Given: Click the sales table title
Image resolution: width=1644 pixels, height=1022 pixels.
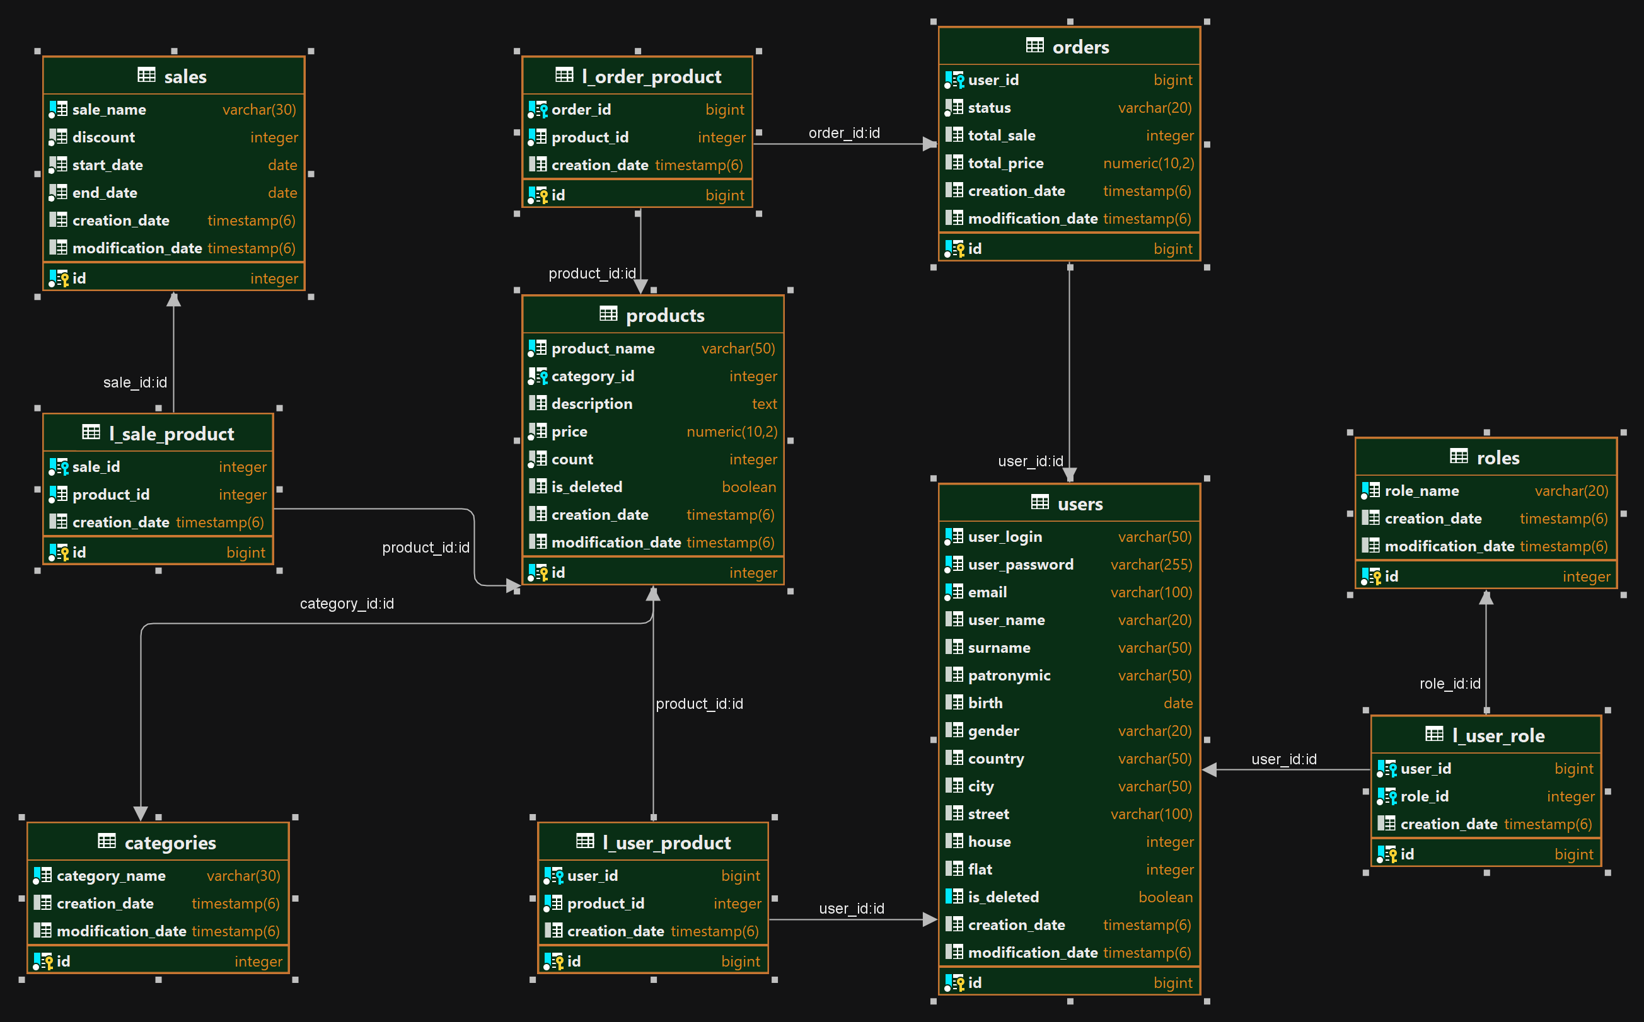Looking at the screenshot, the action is tap(185, 76).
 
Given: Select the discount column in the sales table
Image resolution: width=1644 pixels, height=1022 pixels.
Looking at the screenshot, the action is tap(103, 137).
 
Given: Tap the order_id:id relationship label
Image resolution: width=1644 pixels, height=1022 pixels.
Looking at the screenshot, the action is tap(844, 132).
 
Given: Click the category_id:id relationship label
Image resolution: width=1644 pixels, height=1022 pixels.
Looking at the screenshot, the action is tap(346, 603).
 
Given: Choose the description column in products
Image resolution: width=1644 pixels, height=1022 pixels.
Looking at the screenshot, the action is tap(592, 403).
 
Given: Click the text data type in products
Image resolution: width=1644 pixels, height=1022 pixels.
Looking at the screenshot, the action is tap(764, 403).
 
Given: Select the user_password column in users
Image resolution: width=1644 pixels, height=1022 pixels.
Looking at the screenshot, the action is tap(1021, 565).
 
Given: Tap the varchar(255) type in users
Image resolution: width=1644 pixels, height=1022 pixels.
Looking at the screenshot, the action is tap(1151, 565).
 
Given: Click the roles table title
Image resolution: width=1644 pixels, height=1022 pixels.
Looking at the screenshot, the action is tap(1498, 457).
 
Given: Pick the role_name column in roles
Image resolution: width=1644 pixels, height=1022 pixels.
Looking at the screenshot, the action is tap(1421, 491).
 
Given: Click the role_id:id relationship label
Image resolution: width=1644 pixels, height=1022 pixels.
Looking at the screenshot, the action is tap(1450, 684).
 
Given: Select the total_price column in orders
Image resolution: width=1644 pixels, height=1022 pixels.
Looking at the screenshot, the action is tap(1005, 163).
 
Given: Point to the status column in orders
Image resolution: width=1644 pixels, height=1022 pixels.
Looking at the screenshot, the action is tap(990, 108).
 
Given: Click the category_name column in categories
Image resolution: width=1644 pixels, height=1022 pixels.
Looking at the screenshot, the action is tap(111, 875).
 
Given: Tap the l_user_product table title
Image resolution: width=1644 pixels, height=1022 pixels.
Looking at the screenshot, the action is tap(666, 842).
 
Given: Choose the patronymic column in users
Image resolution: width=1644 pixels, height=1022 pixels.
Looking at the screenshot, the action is tap(1009, 675).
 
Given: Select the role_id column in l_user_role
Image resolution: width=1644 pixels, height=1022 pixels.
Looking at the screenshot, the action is tap(1424, 796).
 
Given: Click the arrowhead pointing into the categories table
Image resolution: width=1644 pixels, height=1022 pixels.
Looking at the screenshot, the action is tap(141, 813).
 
